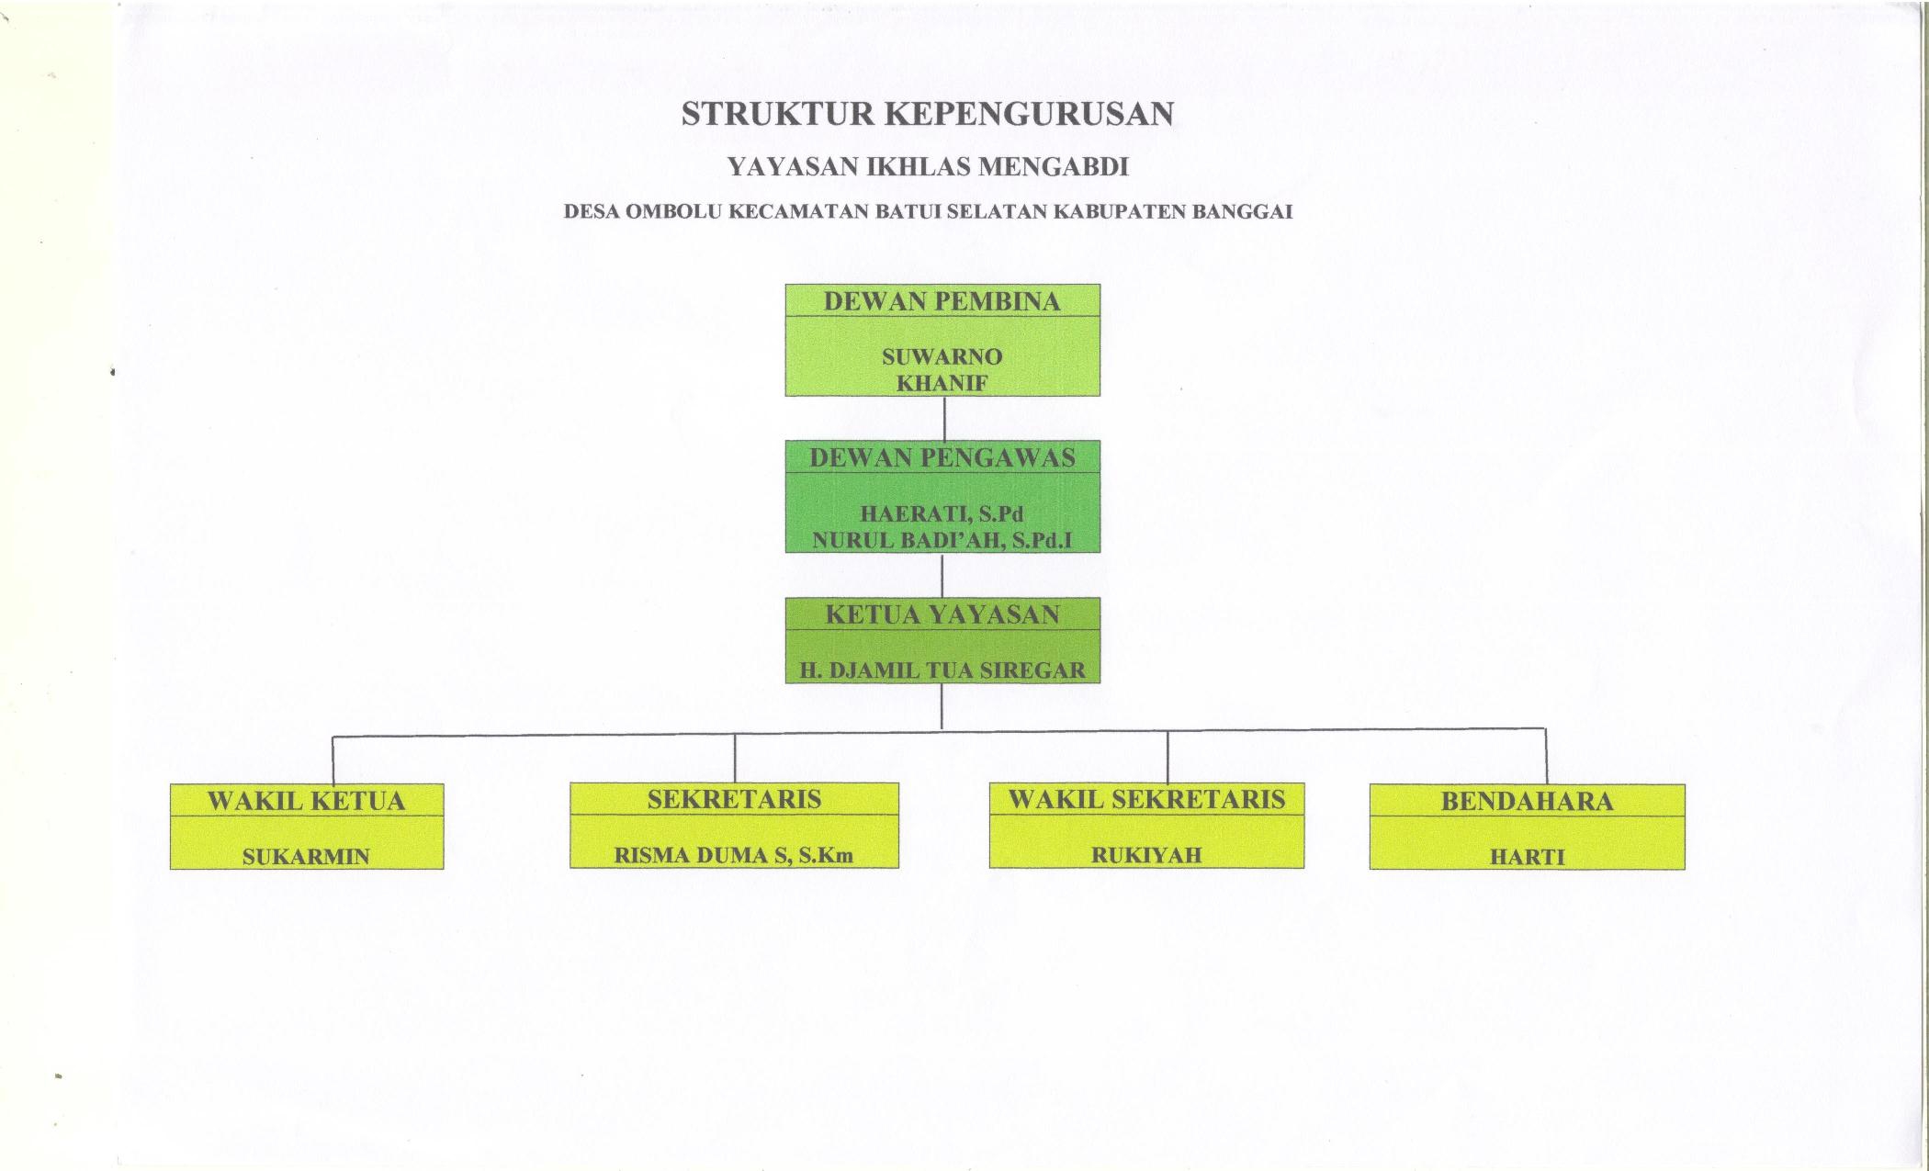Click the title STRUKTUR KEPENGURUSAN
click(x=928, y=113)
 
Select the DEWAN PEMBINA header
click(x=942, y=301)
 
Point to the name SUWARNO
click(x=942, y=356)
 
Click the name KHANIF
click(x=942, y=383)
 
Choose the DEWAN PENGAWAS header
click(x=942, y=457)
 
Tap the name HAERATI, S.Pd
click(x=942, y=514)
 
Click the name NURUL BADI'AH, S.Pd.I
click(x=942, y=540)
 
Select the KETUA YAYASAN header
click(x=942, y=614)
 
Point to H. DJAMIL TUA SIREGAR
click(x=942, y=670)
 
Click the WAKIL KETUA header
click(x=306, y=801)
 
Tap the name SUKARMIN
click(x=306, y=857)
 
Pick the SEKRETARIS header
click(x=734, y=799)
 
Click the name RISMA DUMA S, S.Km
click(x=734, y=856)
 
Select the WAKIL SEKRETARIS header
click(x=1146, y=799)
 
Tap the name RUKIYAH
click(x=1146, y=855)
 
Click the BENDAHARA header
click(x=1527, y=801)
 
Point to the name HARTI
click(x=1527, y=858)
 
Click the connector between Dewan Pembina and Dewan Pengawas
click(x=944, y=418)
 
